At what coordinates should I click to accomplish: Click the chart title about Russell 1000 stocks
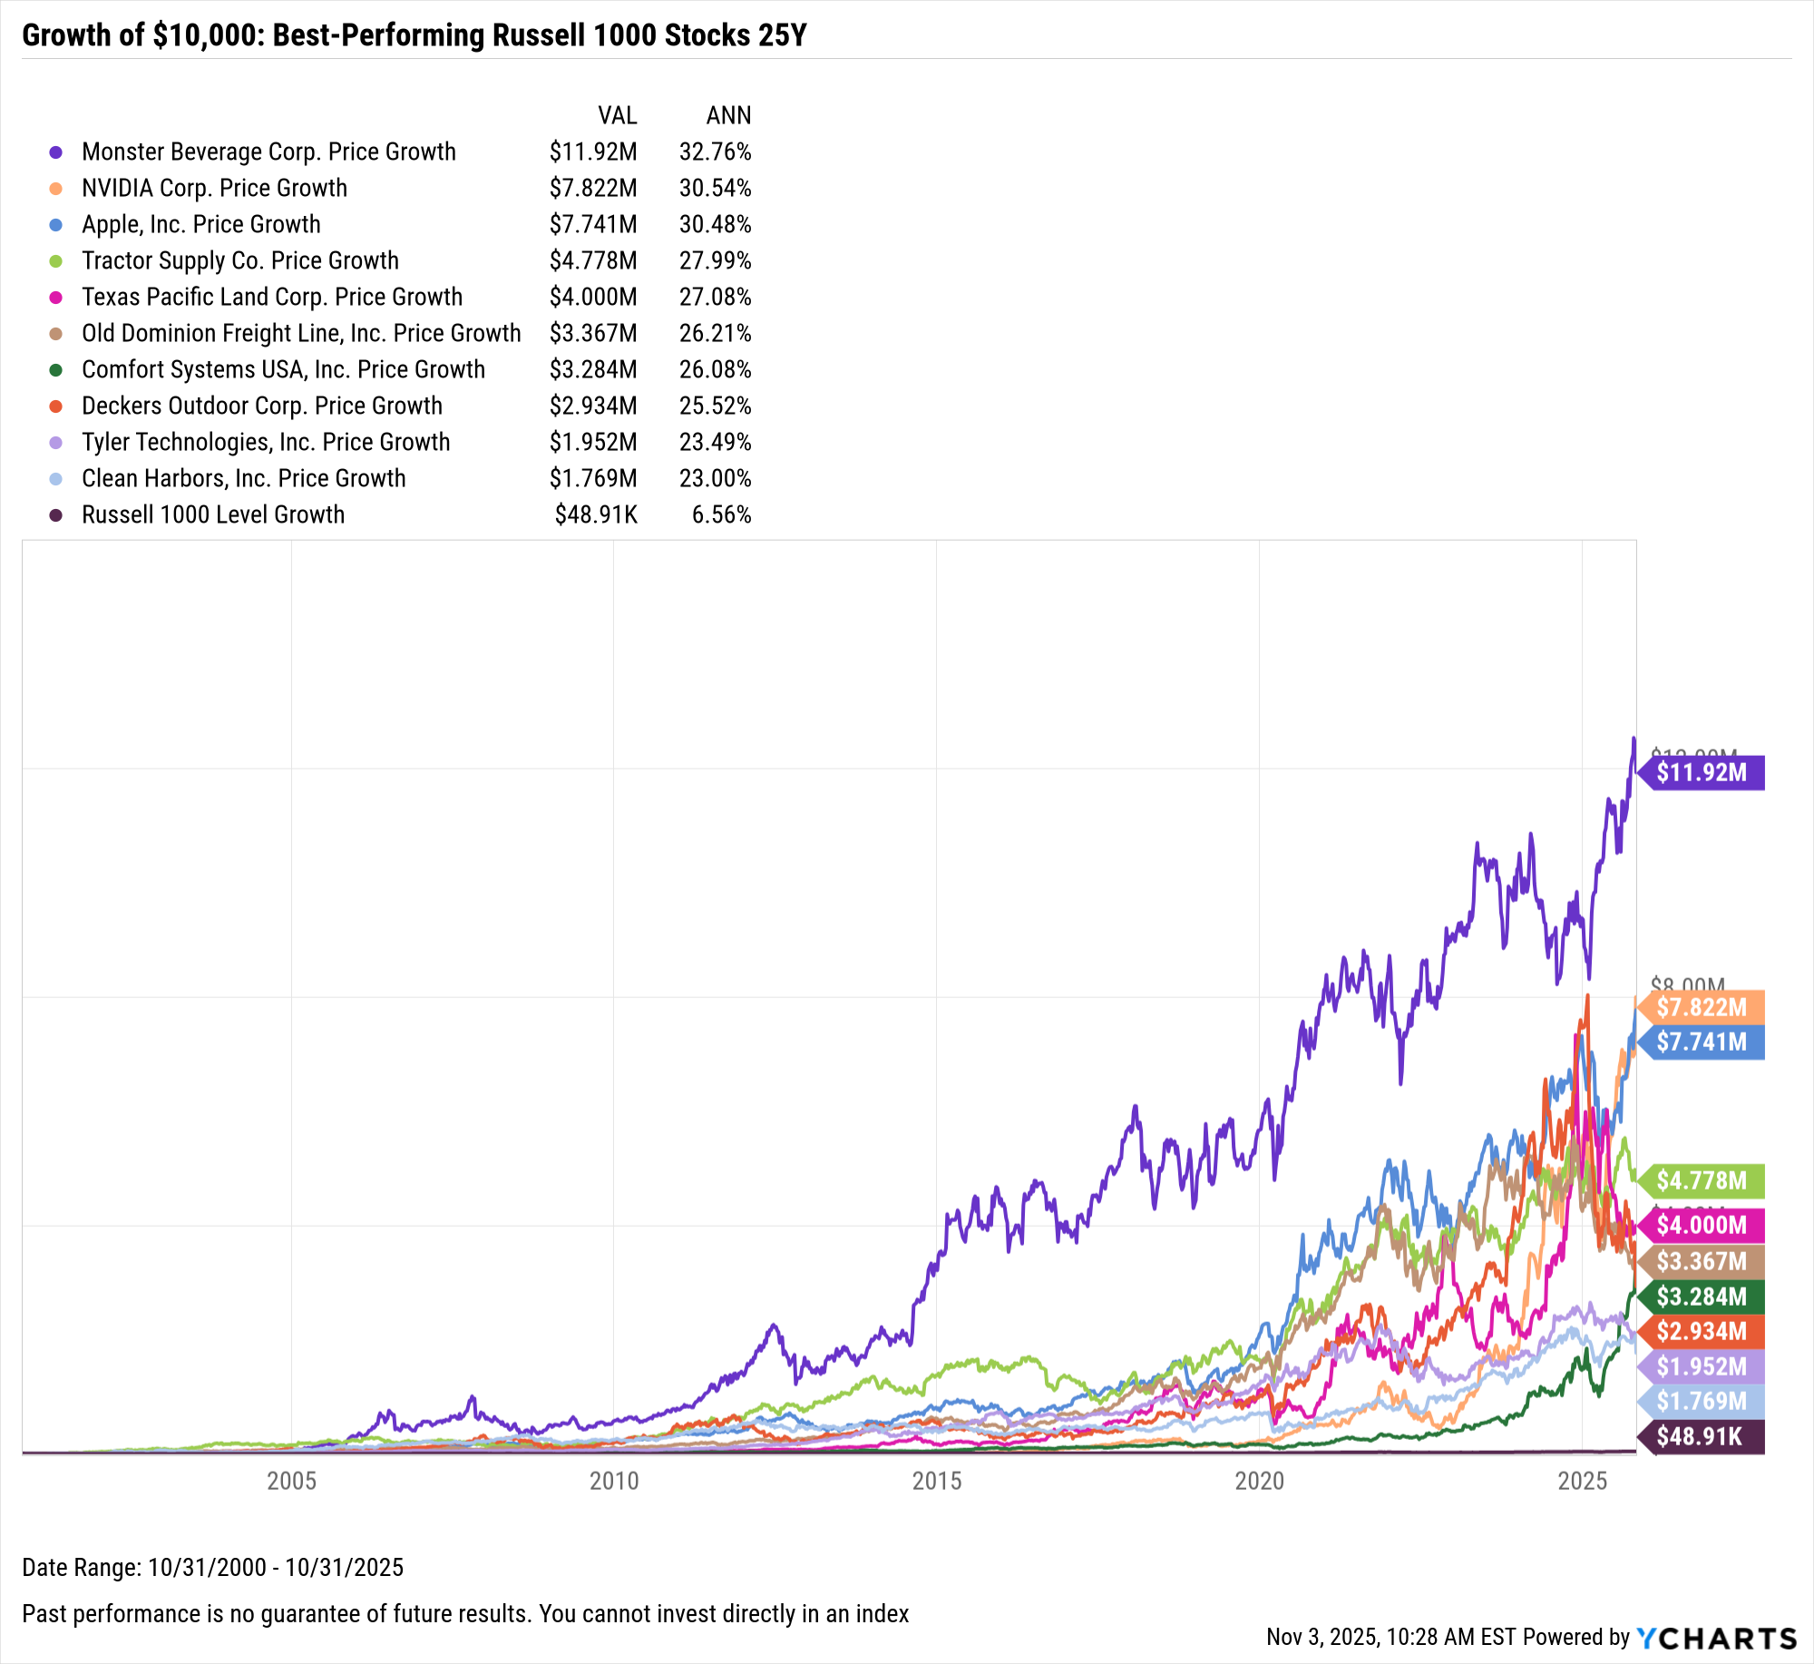[x=414, y=35]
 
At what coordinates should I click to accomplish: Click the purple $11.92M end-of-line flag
[x=1702, y=773]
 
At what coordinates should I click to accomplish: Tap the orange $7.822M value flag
[x=1702, y=1007]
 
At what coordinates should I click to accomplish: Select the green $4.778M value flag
[x=1702, y=1180]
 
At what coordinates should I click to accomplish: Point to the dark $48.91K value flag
[x=1700, y=1436]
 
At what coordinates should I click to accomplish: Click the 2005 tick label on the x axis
[x=291, y=1482]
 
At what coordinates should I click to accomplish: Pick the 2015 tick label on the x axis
[x=937, y=1482]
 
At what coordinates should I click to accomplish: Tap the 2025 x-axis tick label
[x=1583, y=1482]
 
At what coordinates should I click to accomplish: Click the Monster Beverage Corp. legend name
[x=268, y=152]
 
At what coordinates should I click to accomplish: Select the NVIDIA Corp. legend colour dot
[x=56, y=189]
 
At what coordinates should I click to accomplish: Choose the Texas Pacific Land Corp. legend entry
[x=271, y=297]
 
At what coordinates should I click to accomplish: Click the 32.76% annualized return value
[x=715, y=152]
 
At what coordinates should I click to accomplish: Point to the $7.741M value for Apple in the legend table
[x=593, y=224]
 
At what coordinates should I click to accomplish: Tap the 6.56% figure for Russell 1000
[x=721, y=514]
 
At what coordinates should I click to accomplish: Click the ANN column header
[x=728, y=115]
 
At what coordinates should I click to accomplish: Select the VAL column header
[x=617, y=115]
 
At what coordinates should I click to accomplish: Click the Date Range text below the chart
[x=212, y=1567]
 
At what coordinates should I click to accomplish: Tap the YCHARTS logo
[x=1716, y=1638]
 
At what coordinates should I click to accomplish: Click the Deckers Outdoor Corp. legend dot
[x=56, y=406]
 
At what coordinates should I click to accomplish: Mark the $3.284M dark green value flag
[x=1702, y=1297]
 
